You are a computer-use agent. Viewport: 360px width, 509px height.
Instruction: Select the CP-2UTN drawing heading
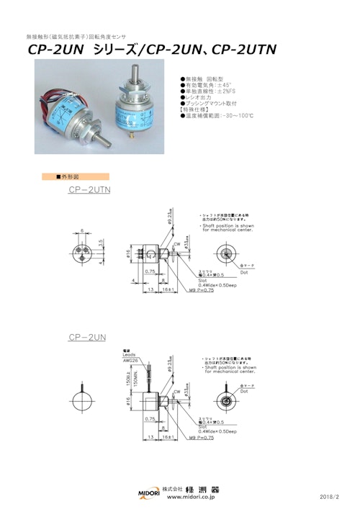[x=94, y=189]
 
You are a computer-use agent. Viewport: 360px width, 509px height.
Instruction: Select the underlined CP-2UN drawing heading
[x=88, y=337]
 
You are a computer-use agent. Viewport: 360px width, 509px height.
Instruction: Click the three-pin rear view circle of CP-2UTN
[x=81, y=254]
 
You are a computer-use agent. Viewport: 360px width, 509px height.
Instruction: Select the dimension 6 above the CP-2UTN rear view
[x=81, y=230]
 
